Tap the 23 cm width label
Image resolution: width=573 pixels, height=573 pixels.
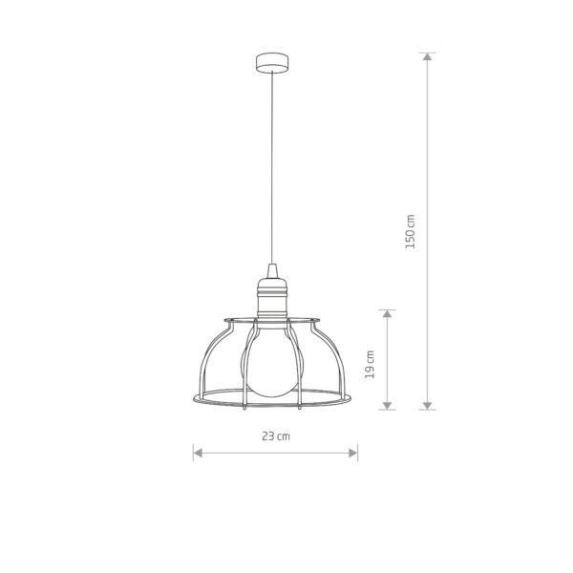[276, 435]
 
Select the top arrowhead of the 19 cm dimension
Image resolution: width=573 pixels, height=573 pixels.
[387, 313]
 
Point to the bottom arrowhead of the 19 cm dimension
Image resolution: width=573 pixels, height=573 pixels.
[387, 405]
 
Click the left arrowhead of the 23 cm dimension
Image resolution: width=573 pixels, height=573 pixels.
[198, 452]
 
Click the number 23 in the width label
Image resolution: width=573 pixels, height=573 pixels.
[269, 435]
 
